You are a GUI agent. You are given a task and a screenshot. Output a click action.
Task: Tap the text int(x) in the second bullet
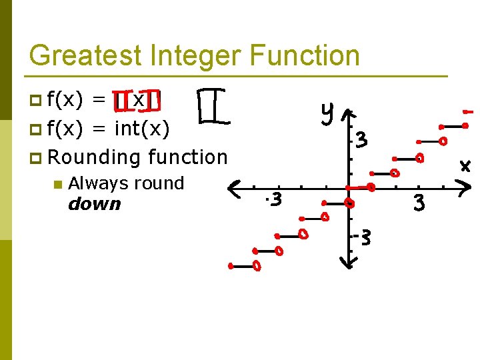coord(142,128)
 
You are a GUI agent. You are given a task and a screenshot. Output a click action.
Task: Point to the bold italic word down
coord(95,204)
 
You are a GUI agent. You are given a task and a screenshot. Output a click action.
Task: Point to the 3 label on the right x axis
coord(419,202)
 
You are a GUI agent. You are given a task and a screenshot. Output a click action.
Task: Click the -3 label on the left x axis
coord(273,199)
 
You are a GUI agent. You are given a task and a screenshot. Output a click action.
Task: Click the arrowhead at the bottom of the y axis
coord(346,264)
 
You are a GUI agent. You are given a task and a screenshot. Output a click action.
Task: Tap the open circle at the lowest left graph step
coord(257,267)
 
